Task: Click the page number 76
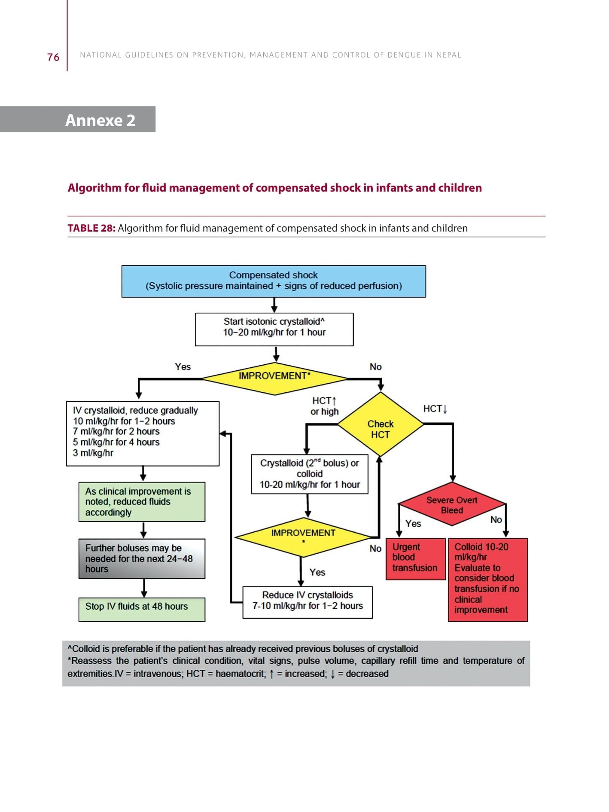[53, 57]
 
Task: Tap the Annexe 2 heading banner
[100, 120]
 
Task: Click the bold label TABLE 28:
[91, 228]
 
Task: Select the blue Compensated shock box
[274, 281]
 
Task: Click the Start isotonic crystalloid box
[274, 329]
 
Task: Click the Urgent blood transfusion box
[415, 558]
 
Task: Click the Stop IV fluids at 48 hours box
[142, 609]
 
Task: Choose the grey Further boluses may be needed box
[142, 559]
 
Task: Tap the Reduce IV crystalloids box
[308, 601]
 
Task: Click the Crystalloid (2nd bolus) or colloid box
[309, 474]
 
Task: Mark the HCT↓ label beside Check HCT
[435, 409]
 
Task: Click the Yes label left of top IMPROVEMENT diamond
[183, 366]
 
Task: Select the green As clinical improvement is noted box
[142, 502]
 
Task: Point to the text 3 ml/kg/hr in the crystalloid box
[93, 453]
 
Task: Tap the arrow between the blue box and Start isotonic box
[274, 305]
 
